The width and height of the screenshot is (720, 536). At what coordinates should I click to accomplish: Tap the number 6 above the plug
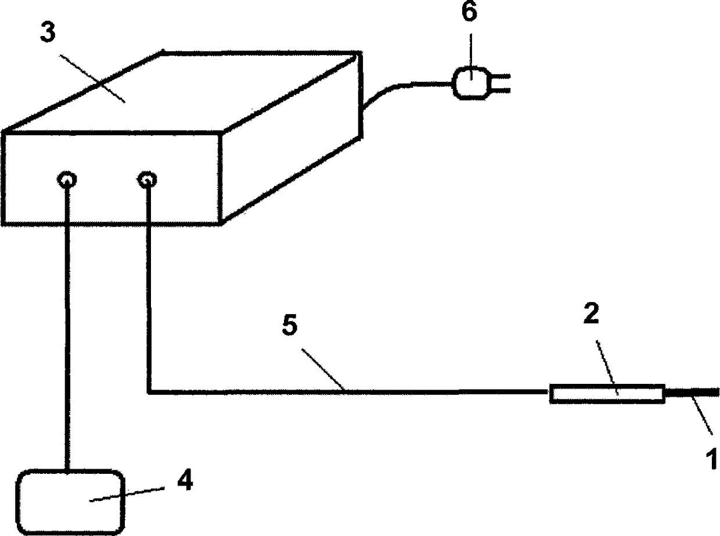(x=469, y=13)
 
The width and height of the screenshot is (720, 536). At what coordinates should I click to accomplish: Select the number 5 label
(x=289, y=326)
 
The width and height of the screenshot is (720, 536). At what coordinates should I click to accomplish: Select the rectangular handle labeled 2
(x=607, y=394)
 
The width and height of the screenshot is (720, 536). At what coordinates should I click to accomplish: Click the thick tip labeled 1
(x=694, y=393)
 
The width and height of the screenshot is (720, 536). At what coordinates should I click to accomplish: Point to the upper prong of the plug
(x=501, y=75)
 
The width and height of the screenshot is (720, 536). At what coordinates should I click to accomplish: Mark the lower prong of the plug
(x=501, y=90)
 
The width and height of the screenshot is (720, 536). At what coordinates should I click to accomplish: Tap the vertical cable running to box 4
(x=69, y=325)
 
